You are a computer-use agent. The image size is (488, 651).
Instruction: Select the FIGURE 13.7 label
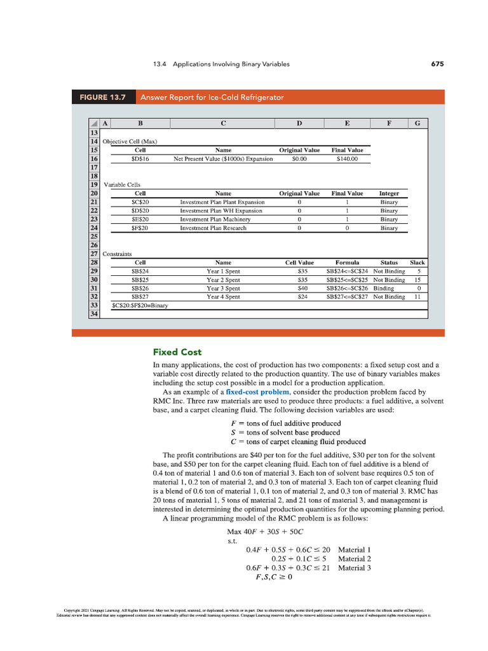(103, 97)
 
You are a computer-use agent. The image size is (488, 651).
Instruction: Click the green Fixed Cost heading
(177, 352)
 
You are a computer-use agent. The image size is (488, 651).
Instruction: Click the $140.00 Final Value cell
(347, 159)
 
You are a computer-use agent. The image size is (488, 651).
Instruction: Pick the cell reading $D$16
(140, 159)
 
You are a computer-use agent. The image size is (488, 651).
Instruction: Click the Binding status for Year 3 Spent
(383, 288)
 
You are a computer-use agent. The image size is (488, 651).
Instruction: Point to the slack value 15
(417, 280)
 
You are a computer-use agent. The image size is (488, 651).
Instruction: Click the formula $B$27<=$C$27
(347, 296)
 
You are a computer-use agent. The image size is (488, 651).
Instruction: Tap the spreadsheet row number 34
(93, 313)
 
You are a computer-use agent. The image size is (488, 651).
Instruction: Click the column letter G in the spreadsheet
(417, 124)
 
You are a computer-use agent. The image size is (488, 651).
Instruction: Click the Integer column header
(389, 193)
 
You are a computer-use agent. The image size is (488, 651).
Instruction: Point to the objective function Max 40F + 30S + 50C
(266, 531)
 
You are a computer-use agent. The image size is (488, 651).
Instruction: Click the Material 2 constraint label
(354, 558)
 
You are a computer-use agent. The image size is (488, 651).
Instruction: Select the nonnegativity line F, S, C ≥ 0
(274, 577)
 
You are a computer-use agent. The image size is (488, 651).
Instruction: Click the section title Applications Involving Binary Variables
(231, 64)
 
